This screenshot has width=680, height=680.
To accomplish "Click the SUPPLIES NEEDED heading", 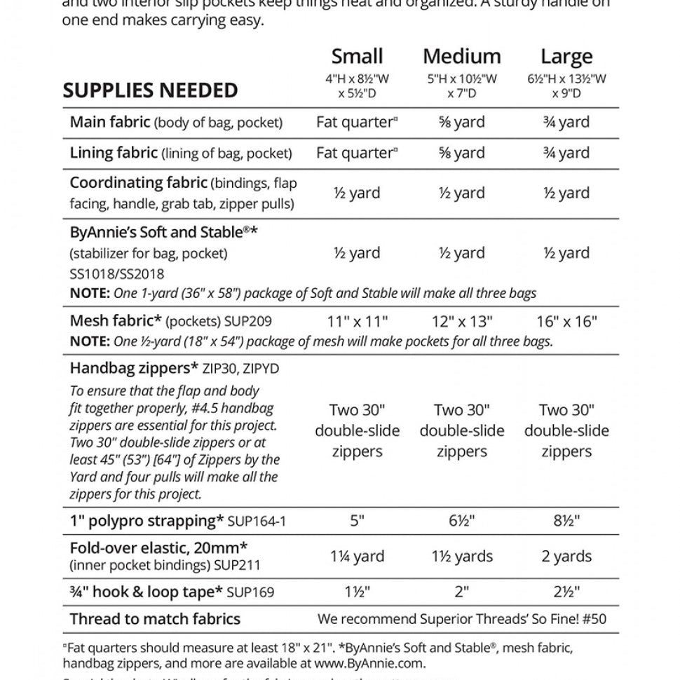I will click(150, 90).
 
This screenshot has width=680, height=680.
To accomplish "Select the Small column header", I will click(357, 56).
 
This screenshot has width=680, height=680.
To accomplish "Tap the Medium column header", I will click(461, 56).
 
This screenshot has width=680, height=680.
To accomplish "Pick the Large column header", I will click(566, 56).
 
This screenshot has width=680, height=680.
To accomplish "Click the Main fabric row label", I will click(110, 122).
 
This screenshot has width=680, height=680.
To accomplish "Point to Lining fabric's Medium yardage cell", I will click(461, 153).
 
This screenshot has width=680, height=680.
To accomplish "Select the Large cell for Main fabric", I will click(566, 122).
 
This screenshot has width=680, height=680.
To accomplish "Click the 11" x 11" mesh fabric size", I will click(357, 322).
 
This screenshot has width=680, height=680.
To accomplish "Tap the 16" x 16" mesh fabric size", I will click(566, 322).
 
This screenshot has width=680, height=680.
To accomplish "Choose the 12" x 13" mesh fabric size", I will click(461, 322).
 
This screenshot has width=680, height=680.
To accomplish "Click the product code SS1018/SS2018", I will click(117, 274).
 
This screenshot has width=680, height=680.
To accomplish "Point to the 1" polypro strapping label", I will click(147, 521).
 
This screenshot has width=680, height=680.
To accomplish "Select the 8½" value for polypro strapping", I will click(566, 521).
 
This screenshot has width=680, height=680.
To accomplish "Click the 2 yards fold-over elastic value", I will click(566, 557).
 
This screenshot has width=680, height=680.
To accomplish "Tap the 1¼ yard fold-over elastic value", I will click(357, 557).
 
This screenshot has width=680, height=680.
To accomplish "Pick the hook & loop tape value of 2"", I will click(461, 592).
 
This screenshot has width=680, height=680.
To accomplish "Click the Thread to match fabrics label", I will click(155, 619).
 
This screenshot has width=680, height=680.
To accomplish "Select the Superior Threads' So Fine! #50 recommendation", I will click(462, 619).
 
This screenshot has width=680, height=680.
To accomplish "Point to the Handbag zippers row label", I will click(135, 368).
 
